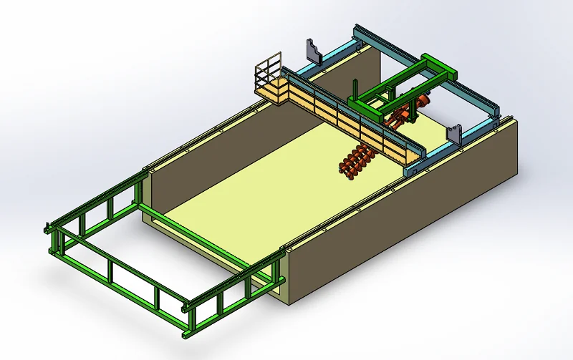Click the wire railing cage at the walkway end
click(x=269, y=72)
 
